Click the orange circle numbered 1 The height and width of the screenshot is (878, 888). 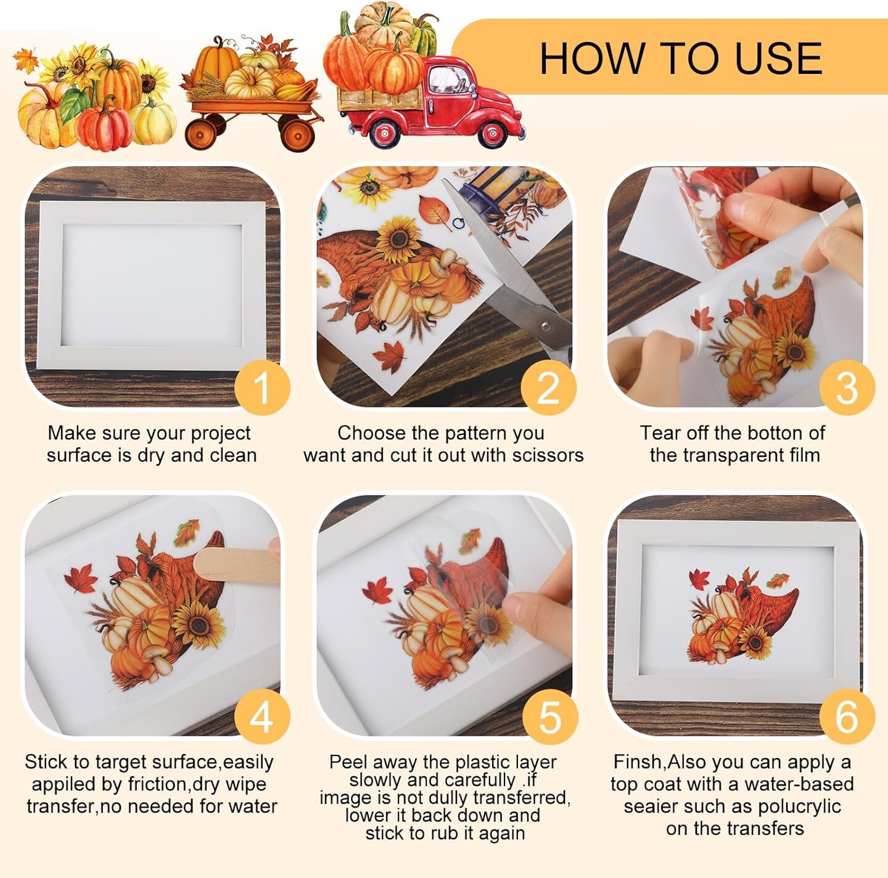pyautogui.click(x=262, y=388)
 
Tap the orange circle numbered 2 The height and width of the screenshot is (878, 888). pyautogui.click(x=548, y=388)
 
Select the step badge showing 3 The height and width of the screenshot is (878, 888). pyautogui.click(x=847, y=388)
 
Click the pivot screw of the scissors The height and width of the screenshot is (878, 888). pyautogui.click(x=546, y=328)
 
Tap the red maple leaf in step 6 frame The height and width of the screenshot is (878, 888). pyautogui.click(x=699, y=579)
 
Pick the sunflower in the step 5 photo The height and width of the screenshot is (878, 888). pyautogui.click(x=488, y=625)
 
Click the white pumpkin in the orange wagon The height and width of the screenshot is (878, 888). pyautogui.click(x=249, y=81)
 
